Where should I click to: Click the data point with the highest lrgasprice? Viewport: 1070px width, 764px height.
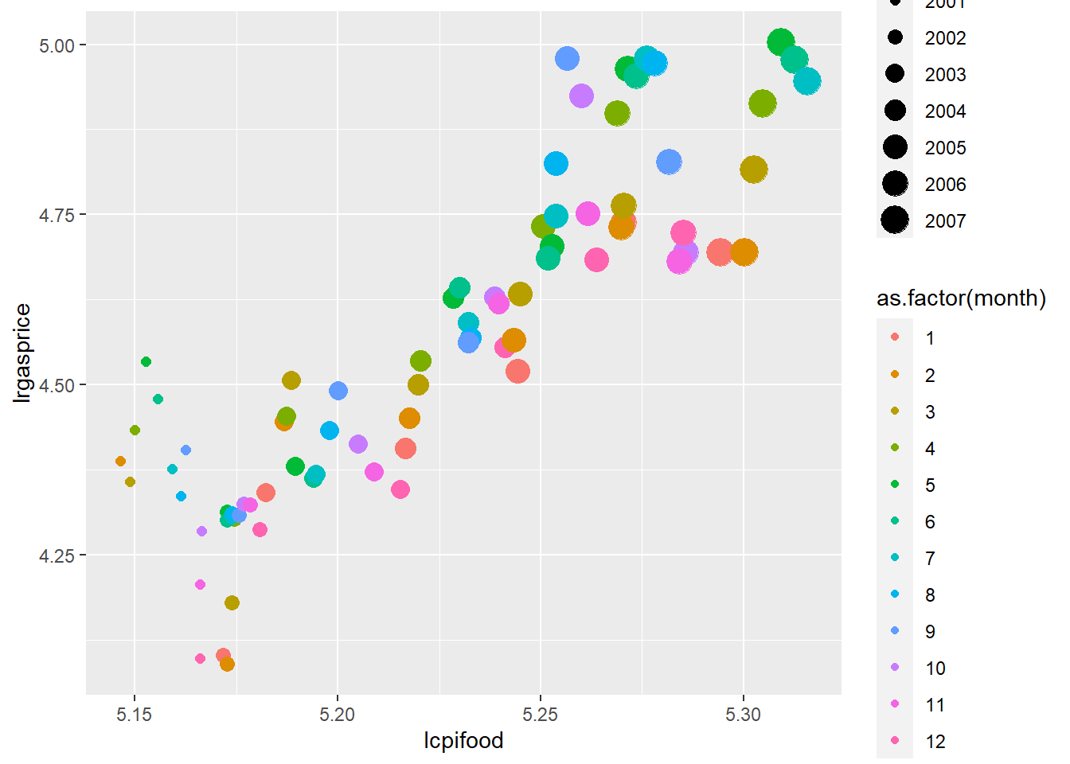pos(781,42)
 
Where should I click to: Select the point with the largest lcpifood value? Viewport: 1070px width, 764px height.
pos(807,81)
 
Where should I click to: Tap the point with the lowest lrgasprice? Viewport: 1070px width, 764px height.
pos(227,664)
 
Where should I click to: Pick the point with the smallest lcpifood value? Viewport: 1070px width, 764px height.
pos(120,462)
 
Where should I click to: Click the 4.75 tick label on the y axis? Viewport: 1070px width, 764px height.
pos(57,215)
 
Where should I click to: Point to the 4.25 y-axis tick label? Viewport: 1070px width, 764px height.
pos(57,555)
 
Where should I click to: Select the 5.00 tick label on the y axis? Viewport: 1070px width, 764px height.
pos(57,45)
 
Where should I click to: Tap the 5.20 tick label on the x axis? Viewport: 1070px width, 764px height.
pos(337,715)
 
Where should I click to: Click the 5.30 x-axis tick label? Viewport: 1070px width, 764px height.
pos(743,715)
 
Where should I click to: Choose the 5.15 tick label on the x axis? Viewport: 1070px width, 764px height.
pos(134,715)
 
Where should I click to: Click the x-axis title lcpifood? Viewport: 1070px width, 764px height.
pos(463,741)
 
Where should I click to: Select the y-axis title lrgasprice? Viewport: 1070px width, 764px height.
pos(22,353)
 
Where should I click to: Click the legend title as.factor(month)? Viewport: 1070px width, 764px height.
pos(961,298)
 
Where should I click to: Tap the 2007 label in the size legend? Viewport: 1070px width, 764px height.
pos(945,221)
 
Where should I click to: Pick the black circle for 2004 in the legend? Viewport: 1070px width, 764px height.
pos(895,111)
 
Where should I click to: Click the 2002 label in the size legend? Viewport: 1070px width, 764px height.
pos(945,38)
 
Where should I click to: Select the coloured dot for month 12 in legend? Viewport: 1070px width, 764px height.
pos(895,741)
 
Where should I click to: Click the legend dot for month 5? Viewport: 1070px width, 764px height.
pos(895,485)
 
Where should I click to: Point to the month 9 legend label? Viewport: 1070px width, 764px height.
pos(930,632)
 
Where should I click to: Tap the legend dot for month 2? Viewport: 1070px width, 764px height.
pos(895,375)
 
